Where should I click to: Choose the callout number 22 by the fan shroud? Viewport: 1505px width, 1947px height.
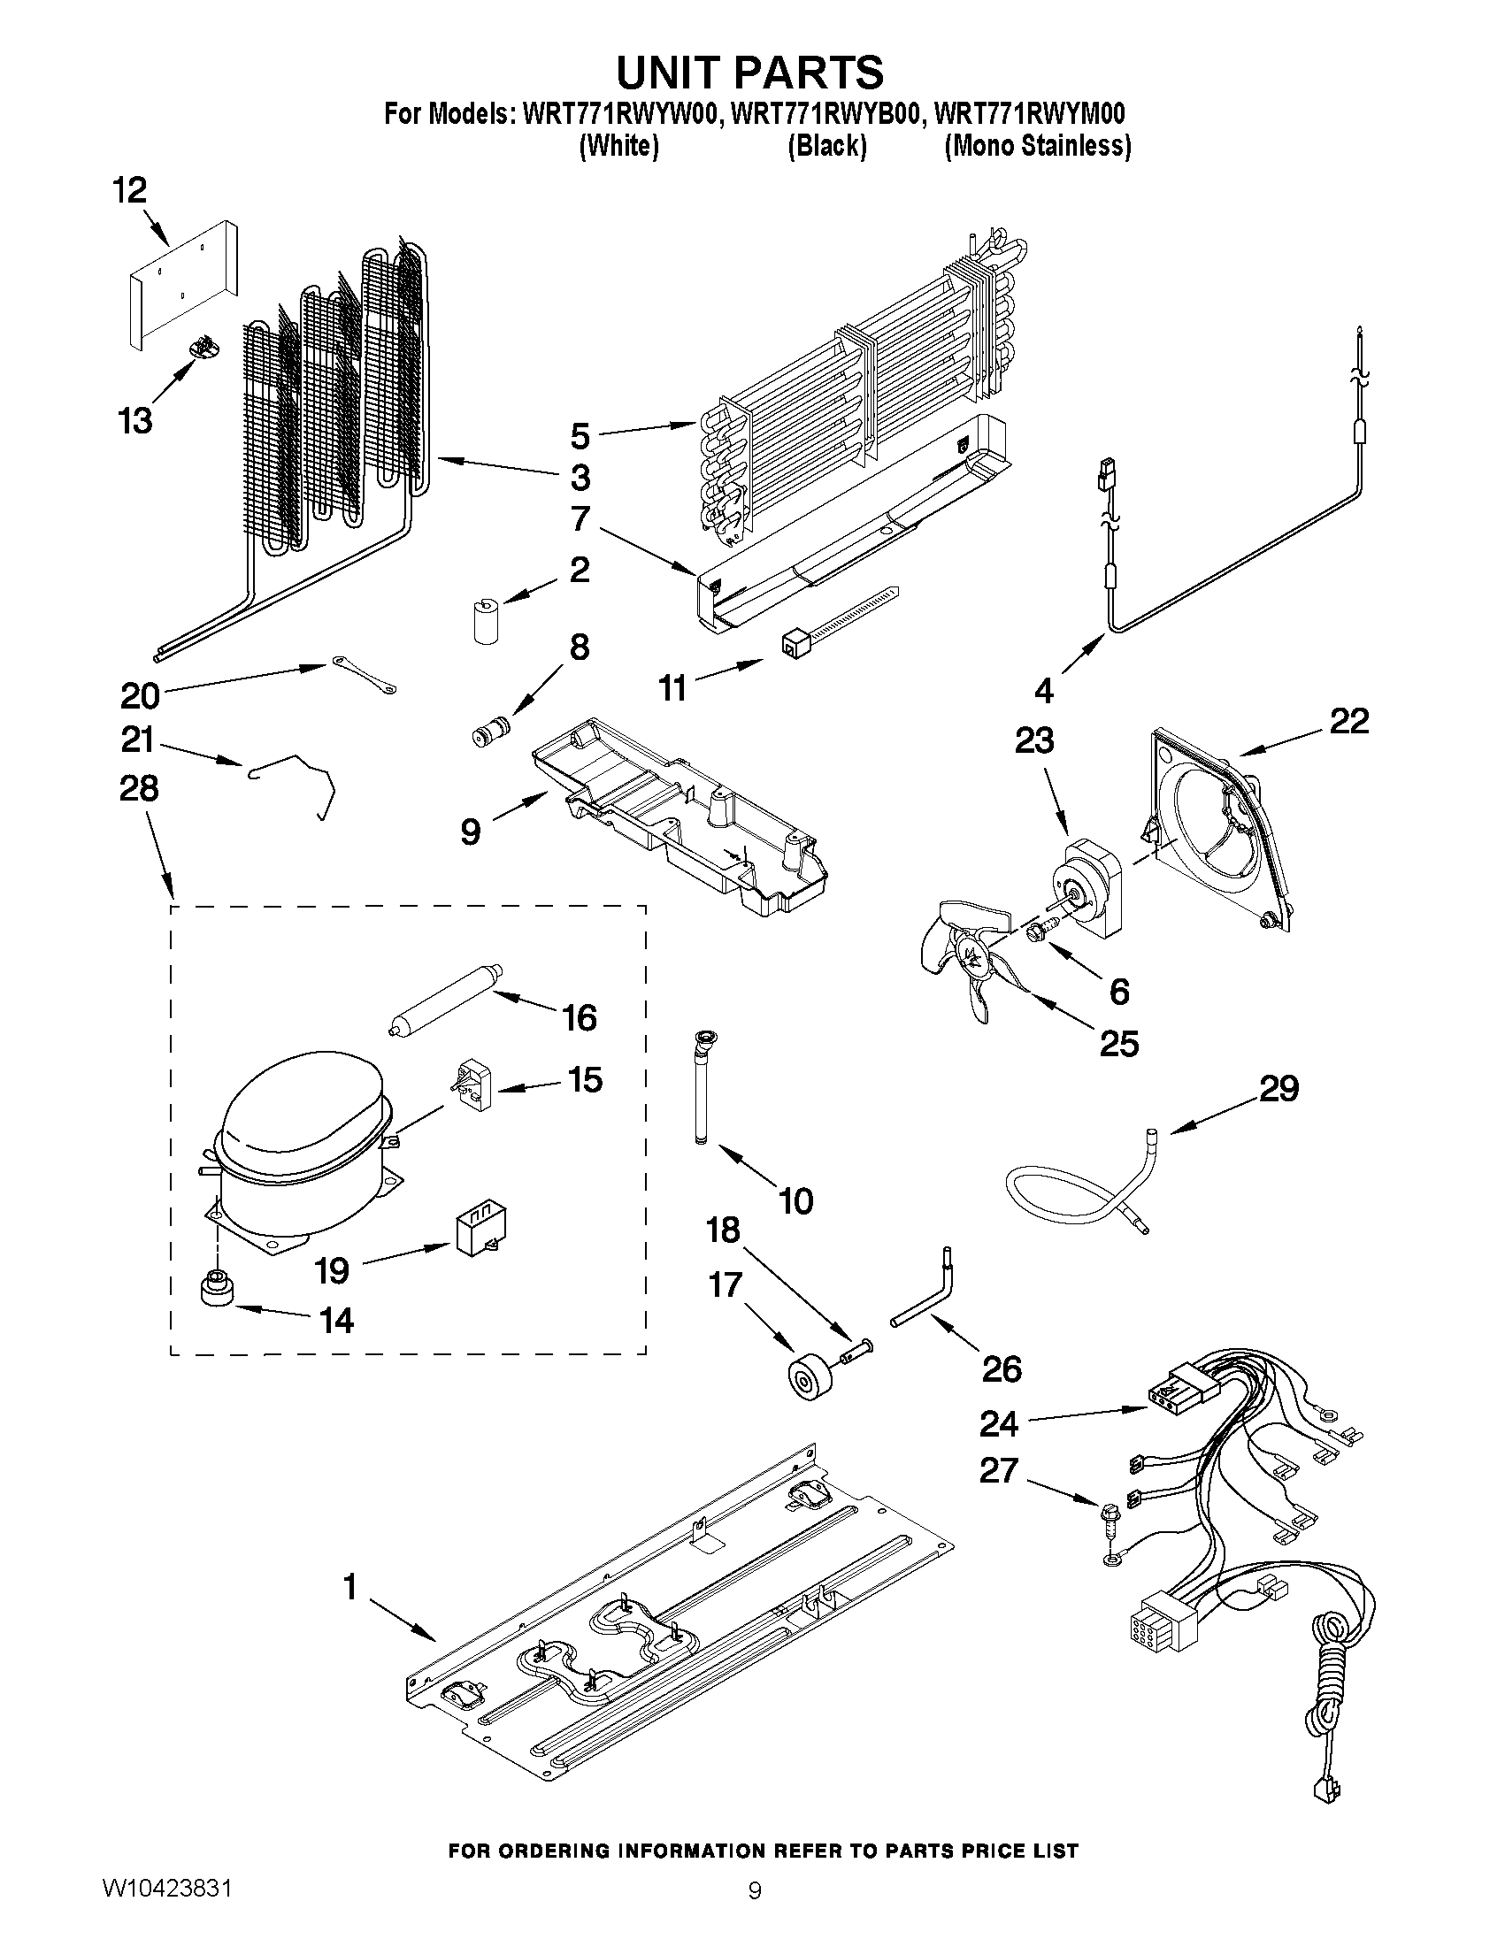(1348, 720)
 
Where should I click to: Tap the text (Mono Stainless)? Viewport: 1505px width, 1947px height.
(1037, 145)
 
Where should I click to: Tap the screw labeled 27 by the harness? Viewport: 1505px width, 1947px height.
(1110, 1514)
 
